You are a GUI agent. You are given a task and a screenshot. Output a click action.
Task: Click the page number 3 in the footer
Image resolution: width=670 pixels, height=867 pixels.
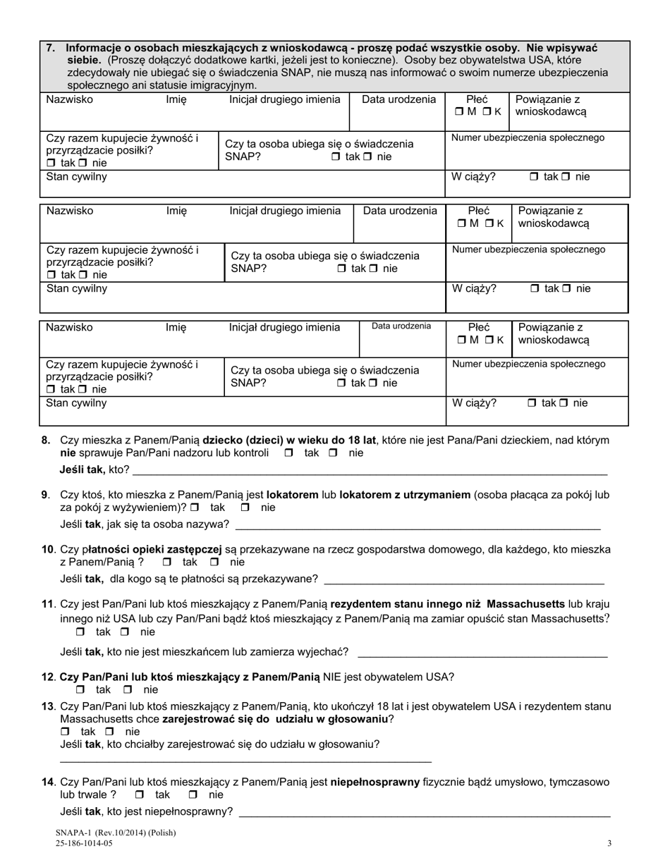point(609,843)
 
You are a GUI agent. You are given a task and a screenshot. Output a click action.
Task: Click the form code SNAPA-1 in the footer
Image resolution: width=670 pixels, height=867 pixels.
point(78,832)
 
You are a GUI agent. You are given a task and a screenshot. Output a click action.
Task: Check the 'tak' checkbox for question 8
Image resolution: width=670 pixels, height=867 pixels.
point(288,453)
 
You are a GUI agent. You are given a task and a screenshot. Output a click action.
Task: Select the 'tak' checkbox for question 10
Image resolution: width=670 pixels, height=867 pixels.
point(167,562)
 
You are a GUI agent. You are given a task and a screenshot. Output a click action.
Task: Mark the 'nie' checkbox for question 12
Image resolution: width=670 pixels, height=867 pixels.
point(128,690)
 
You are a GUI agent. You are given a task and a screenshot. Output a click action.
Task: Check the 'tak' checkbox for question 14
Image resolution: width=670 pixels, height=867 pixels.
point(139,795)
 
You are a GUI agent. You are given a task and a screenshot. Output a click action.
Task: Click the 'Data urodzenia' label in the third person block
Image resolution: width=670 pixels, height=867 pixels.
point(401,326)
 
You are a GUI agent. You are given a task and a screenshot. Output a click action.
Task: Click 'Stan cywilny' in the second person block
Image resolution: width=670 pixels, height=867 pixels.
point(77,288)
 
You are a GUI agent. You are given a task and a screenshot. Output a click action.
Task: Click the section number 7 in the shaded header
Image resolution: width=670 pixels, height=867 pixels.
point(49,48)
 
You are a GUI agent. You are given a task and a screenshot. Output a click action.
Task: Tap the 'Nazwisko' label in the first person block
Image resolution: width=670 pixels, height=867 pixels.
point(69,100)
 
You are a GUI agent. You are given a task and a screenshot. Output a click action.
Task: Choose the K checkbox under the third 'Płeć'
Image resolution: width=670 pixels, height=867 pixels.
point(488,340)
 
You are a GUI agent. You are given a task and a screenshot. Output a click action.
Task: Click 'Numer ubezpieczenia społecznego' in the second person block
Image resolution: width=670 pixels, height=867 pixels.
point(528,250)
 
